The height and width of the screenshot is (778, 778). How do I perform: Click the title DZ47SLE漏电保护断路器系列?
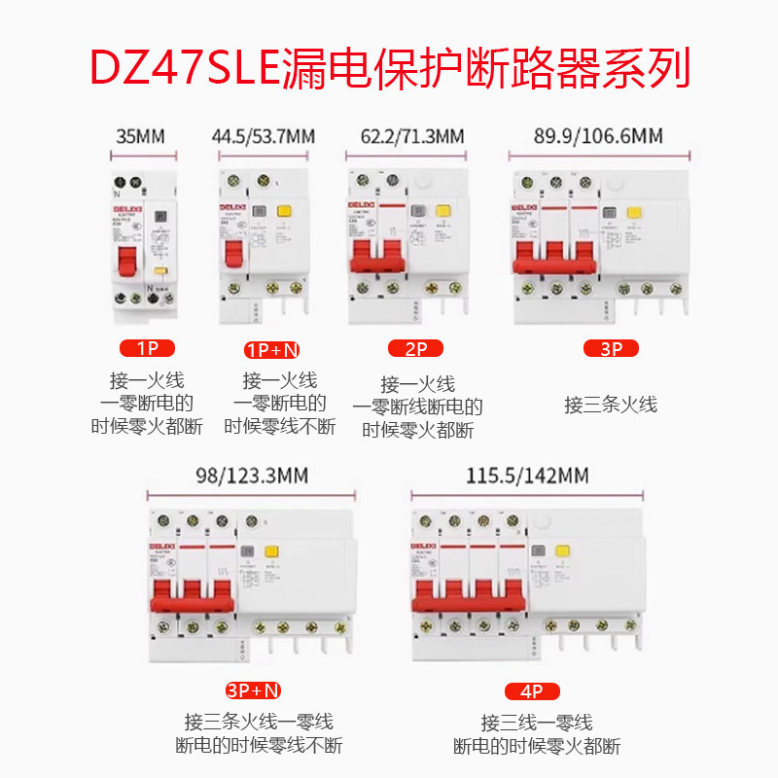(x=389, y=67)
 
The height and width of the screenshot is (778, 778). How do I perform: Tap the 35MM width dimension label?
(x=140, y=136)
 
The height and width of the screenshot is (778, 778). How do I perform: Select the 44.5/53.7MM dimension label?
(x=264, y=136)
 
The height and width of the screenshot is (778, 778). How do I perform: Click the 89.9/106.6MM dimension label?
(x=599, y=136)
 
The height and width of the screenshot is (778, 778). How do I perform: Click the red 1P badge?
(x=147, y=348)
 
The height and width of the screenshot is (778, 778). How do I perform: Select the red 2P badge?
(x=415, y=348)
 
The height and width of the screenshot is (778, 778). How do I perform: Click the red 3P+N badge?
(x=253, y=690)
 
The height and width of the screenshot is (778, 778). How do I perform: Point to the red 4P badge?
(x=532, y=691)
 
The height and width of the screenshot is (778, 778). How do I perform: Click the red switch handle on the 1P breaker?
(x=128, y=263)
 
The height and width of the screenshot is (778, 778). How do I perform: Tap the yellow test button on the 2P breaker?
(x=442, y=210)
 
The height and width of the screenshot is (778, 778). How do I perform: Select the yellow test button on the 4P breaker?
(x=561, y=551)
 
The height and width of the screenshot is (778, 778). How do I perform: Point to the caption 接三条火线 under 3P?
(x=611, y=405)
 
